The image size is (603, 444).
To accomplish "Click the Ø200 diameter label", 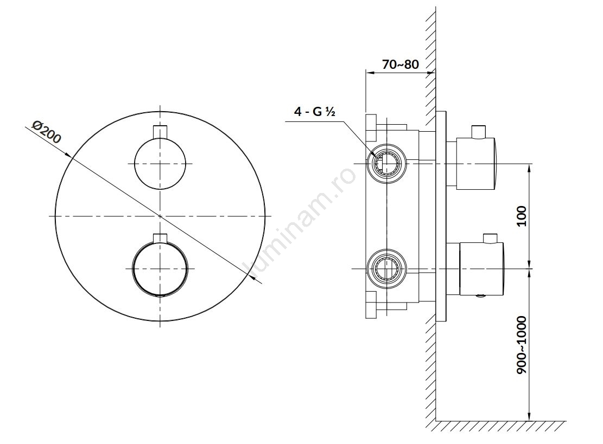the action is point(47,132).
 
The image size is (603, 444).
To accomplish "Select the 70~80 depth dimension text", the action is point(401,64).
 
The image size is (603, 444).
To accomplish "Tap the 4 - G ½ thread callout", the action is point(315,112).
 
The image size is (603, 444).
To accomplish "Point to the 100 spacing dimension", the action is point(522,216).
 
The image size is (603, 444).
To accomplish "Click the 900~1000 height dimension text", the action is point(522,345).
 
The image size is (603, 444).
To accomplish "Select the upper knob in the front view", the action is point(160,164).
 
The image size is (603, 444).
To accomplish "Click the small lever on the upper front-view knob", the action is point(160,131).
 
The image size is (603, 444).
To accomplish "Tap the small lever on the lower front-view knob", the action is point(160,238).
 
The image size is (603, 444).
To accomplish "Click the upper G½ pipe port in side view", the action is point(386,164).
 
